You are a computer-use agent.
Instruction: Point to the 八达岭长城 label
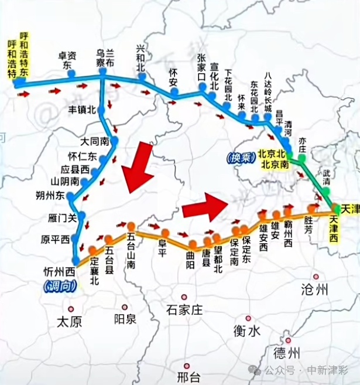(x=268, y=91)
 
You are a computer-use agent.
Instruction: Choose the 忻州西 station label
(x=60, y=271)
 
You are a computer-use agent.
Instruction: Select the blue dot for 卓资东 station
(x=71, y=74)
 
